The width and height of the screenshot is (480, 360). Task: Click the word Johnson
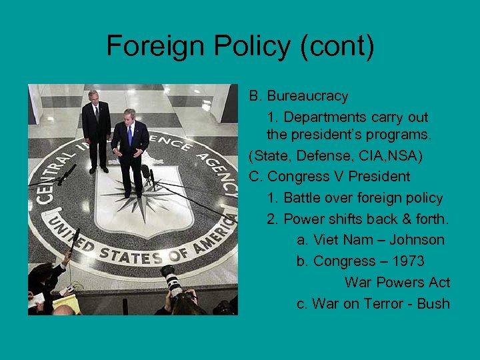[417, 240]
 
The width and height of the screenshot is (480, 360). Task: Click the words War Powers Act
[397, 283]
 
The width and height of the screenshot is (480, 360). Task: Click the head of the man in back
[94, 96]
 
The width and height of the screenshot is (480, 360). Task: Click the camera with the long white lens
[172, 280]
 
